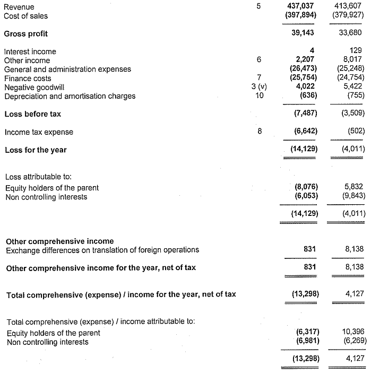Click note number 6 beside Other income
(258, 60)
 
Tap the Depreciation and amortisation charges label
(70, 96)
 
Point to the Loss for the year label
(35, 150)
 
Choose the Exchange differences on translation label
(102, 250)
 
